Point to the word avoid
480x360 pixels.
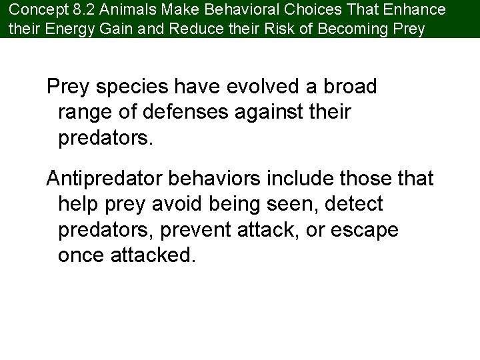[x=199, y=205]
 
